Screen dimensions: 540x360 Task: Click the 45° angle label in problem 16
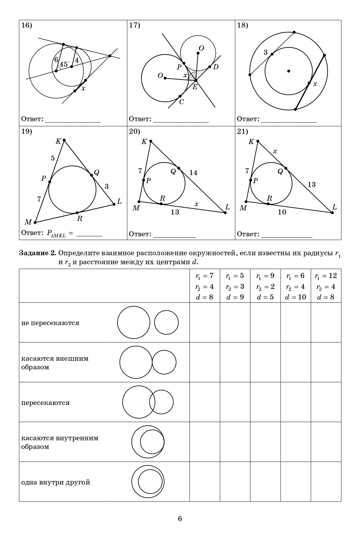tap(64, 64)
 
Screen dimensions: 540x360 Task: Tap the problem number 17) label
tap(134, 26)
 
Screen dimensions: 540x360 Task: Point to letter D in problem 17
tap(216, 67)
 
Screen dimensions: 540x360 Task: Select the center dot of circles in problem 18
tap(289, 71)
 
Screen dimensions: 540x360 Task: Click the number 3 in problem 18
tap(265, 53)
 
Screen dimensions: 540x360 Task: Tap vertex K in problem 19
tap(64, 140)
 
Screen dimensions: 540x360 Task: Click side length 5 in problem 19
tap(53, 158)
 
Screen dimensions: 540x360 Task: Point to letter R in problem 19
tap(80, 219)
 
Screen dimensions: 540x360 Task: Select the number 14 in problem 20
tap(193, 173)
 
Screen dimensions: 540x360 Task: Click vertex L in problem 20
tap(225, 212)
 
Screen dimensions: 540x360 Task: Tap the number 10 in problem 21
tap(282, 212)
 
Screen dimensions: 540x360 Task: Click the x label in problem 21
tap(275, 151)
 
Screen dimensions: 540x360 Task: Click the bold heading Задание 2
tap(38, 253)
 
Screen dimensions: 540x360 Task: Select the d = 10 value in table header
tap(296, 297)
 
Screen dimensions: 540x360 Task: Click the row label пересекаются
tap(46, 402)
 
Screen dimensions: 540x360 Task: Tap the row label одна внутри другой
tap(55, 482)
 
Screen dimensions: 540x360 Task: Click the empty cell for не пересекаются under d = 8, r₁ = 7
tap(205, 322)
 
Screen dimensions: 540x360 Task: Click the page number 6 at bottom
tap(180, 519)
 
